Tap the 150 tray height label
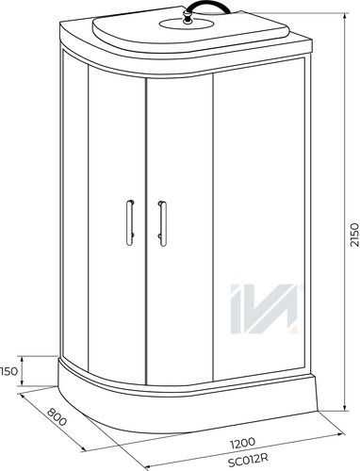pyautogui.click(x=8, y=371)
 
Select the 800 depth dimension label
pyautogui.click(x=57, y=416)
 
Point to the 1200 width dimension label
pyautogui.click(x=242, y=443)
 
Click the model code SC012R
pyautogui.click(x=248, y=461)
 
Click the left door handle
pyautogui.click(x=130, y=222)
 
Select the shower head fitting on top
pyautogui.click(x=188, y=18)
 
